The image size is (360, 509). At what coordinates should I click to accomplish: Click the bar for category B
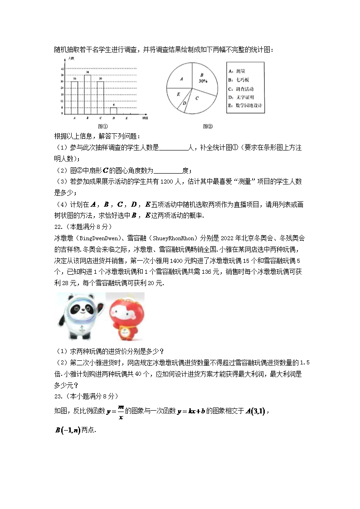[88, 94]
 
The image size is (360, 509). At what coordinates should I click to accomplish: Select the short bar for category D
[113, 111]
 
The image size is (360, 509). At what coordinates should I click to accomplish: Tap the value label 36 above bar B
[88, 73]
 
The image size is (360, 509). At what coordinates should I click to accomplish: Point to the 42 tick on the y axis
[62, 69]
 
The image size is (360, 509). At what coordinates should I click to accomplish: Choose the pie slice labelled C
[198, 98]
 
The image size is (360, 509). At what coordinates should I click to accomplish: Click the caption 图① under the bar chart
[102, 126]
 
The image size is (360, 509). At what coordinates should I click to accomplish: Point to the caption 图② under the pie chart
[208, 126]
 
